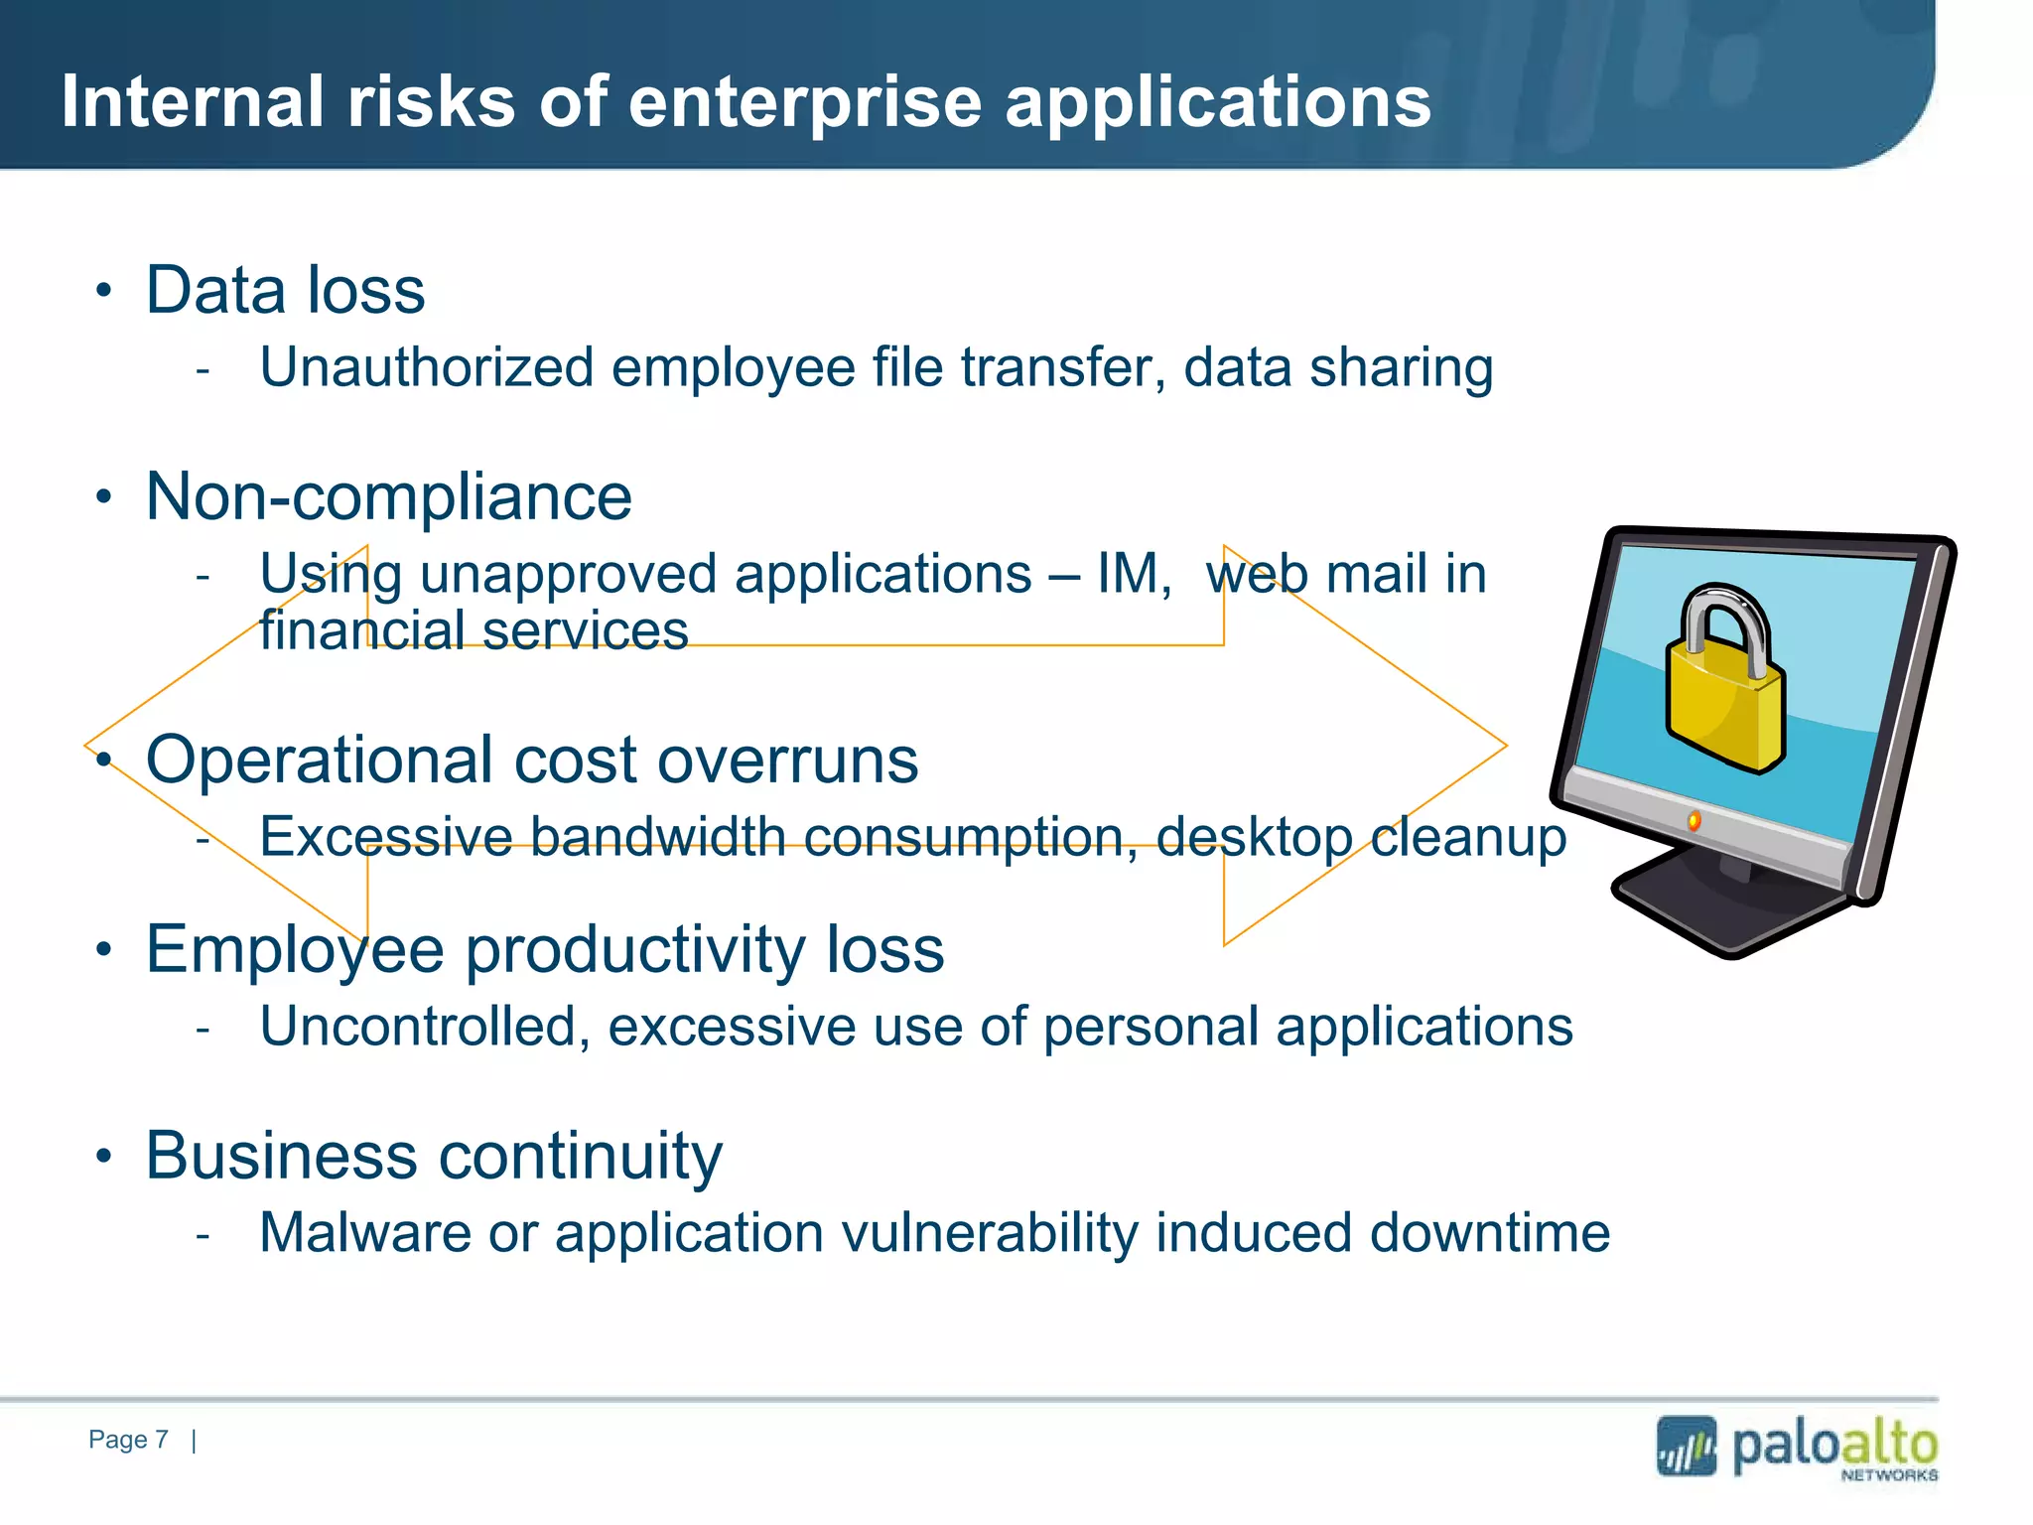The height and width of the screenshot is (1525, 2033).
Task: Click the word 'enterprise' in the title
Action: [804, 103]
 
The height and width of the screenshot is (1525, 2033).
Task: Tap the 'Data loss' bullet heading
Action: [285, 290]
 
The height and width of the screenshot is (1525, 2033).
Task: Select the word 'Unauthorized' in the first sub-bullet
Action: [427, 367]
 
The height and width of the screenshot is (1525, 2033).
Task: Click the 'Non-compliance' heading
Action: [388, 496]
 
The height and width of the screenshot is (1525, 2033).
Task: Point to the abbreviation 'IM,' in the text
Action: [1134, 574]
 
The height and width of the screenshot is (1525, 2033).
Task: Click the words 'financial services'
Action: [474, 631]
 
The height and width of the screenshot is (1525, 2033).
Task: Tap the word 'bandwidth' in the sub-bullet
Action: [657, 836]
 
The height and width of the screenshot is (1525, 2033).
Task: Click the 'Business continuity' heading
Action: [434, 1156]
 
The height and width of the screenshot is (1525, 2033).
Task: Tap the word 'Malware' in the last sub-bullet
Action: [364, 1233]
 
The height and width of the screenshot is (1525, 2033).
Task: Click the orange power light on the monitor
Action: [1694, 820]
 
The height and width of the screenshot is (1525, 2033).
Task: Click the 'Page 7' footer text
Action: [128, 1440]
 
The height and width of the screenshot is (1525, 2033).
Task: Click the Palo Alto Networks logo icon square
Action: [1686, 1447]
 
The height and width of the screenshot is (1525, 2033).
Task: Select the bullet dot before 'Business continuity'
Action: [104, 1157]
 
